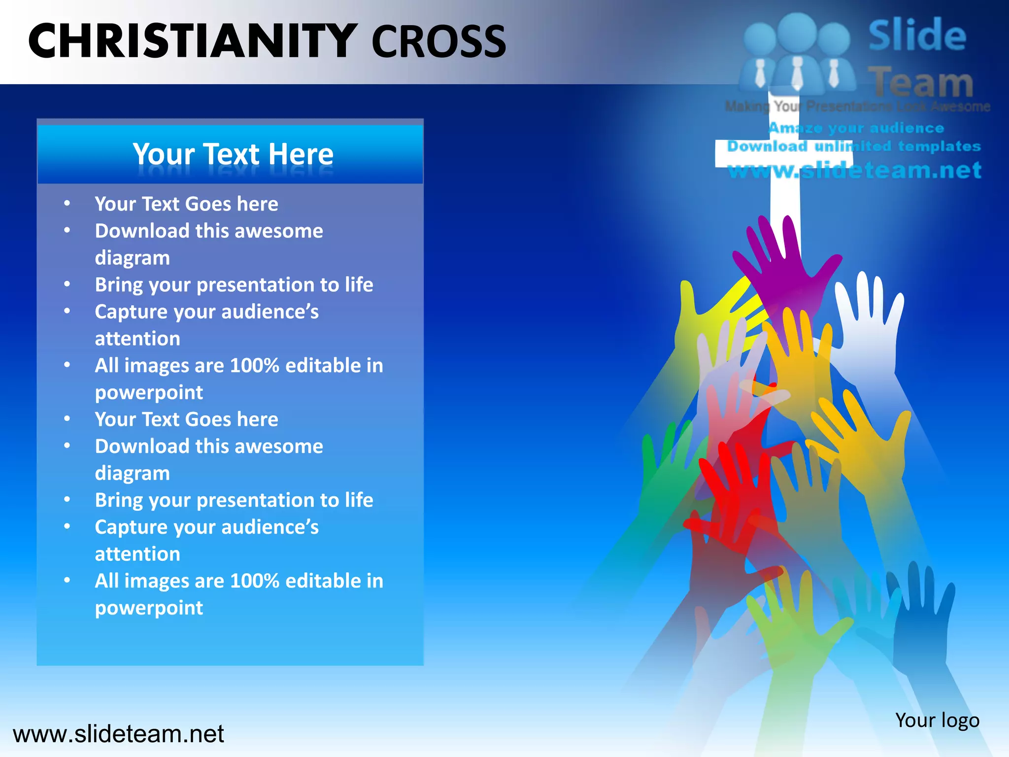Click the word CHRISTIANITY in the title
(192, 41)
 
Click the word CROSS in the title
(438, 42)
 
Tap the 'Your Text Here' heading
(233, 154)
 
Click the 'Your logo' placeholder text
(937, 720)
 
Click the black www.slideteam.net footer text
(118, 734)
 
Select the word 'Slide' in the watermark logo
(917, 35)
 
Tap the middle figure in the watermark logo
(797, 49)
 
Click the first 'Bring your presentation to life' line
(234, 285)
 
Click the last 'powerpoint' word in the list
(149, 608)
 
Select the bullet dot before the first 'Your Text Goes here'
(67, 204)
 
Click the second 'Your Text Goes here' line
(186, 419)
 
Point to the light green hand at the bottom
(793, 626)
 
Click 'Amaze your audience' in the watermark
(856, 128)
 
